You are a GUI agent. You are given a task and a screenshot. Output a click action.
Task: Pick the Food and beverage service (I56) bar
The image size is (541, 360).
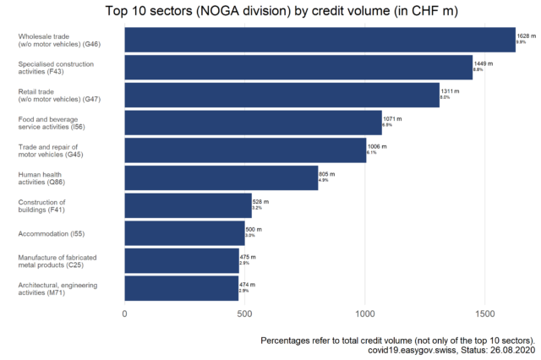coord(253,123)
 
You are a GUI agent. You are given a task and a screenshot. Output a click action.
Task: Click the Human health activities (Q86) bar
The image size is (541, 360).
coord(221,177)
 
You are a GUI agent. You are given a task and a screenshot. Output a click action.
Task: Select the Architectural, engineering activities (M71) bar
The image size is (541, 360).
coord(181,288)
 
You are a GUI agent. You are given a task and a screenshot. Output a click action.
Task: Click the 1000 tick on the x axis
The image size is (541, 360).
coord(365,314)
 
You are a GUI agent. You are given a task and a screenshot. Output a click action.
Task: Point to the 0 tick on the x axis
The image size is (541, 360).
coord(125,314)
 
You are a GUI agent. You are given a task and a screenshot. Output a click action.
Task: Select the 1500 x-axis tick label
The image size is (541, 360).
coord(485,314)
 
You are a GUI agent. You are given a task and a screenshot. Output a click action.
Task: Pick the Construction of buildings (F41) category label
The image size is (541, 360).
coord(41,205)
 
